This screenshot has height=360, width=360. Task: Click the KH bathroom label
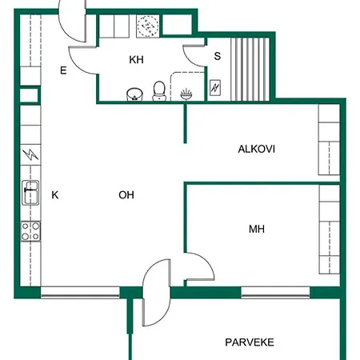coord(136,59)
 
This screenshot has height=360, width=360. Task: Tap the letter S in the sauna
coord(217,56)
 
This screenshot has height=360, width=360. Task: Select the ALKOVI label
coord(256,149)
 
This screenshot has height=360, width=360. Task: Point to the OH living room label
coord(126,194)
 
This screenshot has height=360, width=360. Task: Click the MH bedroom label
coord(256,230)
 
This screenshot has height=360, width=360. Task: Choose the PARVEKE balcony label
coord(249,342)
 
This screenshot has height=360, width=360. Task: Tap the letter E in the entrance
coord(62,70)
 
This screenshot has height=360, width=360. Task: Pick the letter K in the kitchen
coord(55,194)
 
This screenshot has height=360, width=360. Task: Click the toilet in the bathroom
coord(159,91)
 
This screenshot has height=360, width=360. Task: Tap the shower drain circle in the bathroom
coord(147,26)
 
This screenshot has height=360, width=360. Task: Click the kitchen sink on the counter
coord(30,193)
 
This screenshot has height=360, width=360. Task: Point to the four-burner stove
coord(30,232)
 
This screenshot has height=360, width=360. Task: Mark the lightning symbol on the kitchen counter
coord(30,154)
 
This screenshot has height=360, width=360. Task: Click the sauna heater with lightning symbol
coord(216,87)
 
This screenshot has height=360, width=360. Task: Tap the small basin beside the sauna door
coord(186,93)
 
